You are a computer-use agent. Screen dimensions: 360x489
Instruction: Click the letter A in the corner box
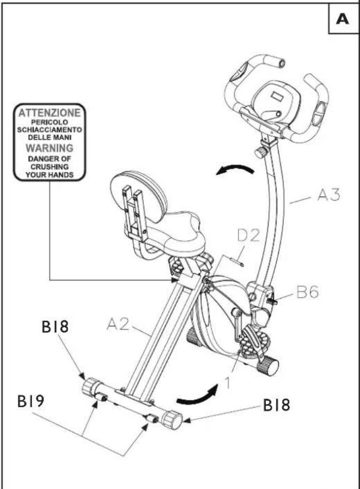pyautogui.click(x=342, y=19)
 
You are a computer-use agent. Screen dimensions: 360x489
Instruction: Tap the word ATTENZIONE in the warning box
pyautogui.click(x=50, y=113)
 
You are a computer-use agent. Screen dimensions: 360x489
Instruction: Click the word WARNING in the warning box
pyautogui.click(x=50, y=148)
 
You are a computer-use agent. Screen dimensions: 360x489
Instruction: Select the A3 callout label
pyautogui.click(x=328, y=195)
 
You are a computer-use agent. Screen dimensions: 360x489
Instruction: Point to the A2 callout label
pyautogui.click(x=118, y=324)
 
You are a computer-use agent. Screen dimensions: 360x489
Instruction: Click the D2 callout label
pyautogui.click(x=248, y=235)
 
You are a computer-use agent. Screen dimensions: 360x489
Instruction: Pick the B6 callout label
pyautogui.click(x=307, y=292)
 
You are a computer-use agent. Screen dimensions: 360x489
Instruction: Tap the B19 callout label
pyautogui.click(x=31, y=402)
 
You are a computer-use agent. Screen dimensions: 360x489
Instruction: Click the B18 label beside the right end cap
pyautogui.click(x=277, y=405)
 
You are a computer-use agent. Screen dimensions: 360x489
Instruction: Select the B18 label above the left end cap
pyautogui.click(x=55, y=327)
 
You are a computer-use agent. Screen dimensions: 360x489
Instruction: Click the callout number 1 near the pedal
pyautogui.click(x=228, y=382)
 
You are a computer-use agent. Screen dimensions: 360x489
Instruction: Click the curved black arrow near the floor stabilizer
pyautogui.click(x=197, y=395)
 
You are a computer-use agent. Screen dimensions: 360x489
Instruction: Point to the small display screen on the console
pyautogui.click(x=277, y=96)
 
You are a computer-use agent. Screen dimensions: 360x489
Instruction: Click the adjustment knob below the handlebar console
pyautogui.click(x=261, y=152)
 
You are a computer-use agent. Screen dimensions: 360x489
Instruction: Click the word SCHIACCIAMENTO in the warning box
pyautogui.click(x=50, y=130)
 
